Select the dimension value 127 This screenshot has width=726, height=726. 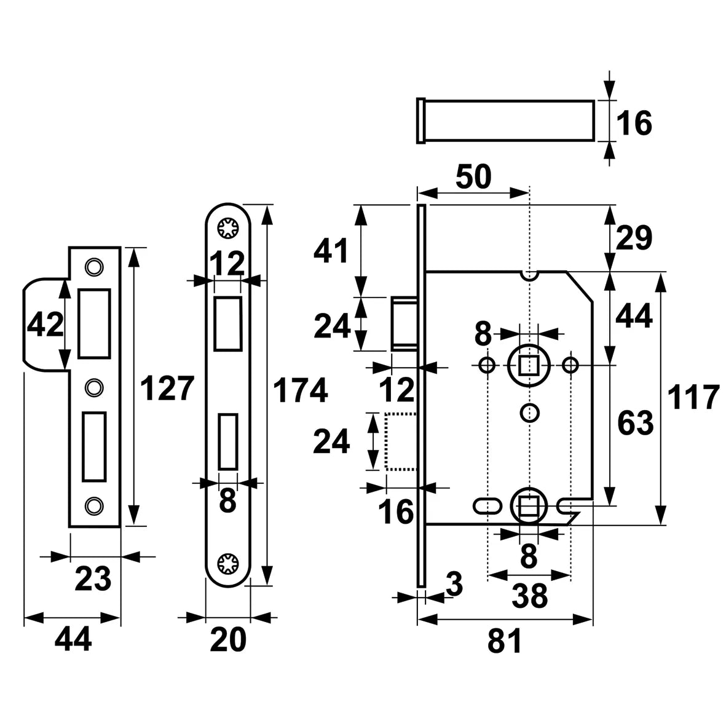point(167,389)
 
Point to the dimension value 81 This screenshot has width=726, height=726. point(505,641)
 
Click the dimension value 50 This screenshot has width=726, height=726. point(473,178)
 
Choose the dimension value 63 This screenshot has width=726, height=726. point(634,424)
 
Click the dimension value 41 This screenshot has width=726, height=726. point(331,251)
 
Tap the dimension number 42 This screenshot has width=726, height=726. point(46,324)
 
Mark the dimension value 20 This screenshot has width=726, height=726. point(227,639)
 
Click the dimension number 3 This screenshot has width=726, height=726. point(454,585)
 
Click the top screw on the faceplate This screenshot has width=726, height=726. point(228,229)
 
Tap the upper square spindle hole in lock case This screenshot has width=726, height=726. point(527,365)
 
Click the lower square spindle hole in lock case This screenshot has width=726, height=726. point(527,506)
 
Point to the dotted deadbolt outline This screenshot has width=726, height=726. point(400,441)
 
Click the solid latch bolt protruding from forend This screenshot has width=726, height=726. point(404,323)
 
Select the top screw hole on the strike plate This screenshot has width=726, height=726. point(93,266)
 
